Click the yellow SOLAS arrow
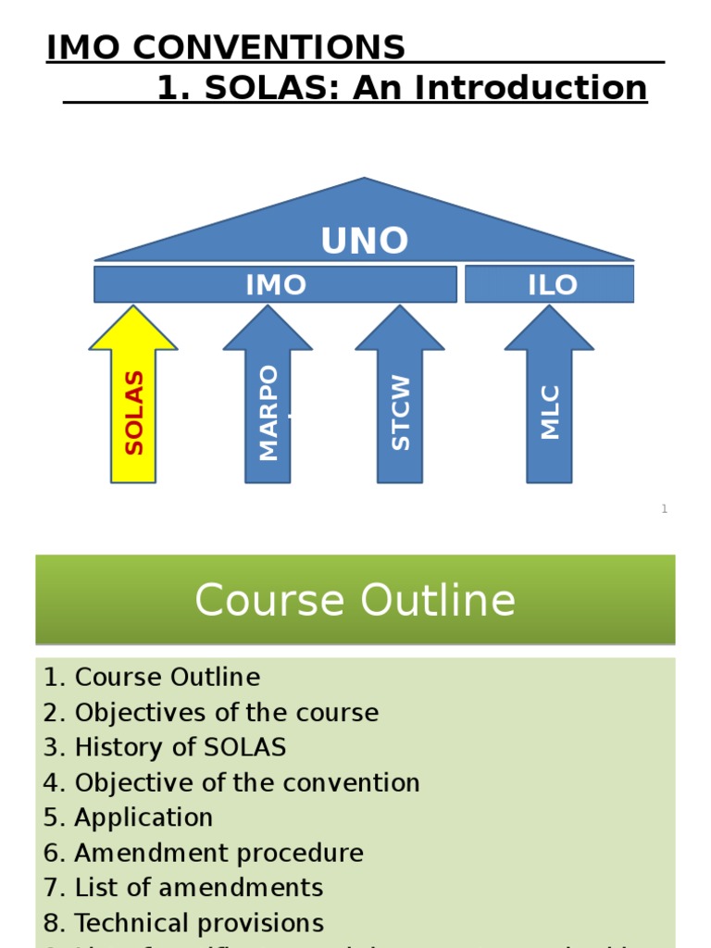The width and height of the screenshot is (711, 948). pos(133,407)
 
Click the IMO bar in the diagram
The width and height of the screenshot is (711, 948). pos(275,285)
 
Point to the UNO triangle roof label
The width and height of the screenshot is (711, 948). pos(364,241)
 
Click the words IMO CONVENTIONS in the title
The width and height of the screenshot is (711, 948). pos(226,47)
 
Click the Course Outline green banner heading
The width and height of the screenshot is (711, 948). pos(355,600)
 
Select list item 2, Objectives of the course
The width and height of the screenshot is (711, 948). pos(211,713)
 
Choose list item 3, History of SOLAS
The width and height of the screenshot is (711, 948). pos(165,748)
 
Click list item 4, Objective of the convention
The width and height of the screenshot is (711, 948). pos(231,783)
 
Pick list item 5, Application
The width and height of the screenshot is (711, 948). pos(128,818)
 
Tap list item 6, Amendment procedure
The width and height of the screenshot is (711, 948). pos(204,854)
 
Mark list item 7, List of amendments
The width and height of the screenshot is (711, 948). pos(183,889)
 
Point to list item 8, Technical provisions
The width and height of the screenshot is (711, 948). pos(183,924)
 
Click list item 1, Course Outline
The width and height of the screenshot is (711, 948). pos(152,678)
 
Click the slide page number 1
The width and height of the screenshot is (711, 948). pos(664,509)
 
